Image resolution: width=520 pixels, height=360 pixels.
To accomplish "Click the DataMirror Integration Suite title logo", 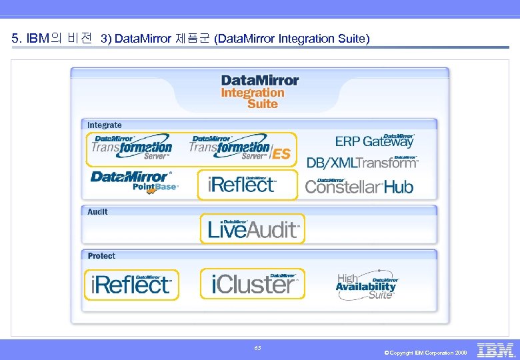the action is pos(259,91).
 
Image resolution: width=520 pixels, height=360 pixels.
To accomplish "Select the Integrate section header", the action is pos(105,125).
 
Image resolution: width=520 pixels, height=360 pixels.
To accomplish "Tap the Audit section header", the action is pos(97,211).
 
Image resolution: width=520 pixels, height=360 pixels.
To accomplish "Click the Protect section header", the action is pos(101,255).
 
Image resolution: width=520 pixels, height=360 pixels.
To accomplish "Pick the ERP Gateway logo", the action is pos(375,140).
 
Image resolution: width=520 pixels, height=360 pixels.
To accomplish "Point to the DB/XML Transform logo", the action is pos(363,162).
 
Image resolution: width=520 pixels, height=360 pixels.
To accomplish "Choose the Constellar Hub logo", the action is pos(359,186).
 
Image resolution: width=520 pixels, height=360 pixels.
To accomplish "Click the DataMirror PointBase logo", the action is pos(135,181).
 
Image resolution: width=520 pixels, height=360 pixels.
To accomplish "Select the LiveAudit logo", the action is pos(253,229).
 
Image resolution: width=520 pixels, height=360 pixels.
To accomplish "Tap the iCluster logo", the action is pos(253,284).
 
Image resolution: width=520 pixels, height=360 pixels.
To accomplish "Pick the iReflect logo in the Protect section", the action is pos(131,285).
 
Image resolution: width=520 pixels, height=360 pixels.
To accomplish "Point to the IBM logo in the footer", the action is pos(496,349).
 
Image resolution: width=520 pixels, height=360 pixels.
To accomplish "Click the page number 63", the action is pos(258,348).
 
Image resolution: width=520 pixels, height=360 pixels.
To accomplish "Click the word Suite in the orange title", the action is pos(263,104).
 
